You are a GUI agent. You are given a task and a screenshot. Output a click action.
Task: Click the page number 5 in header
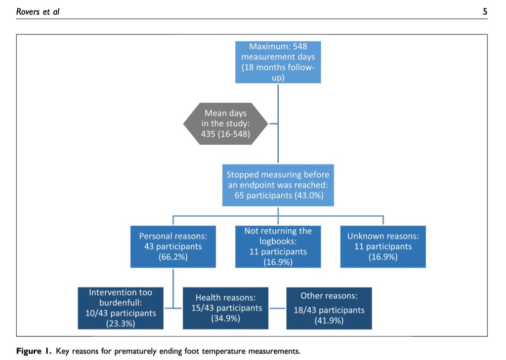(x=485, y=11)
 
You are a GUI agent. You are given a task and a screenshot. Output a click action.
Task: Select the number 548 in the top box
(x=299, y=46)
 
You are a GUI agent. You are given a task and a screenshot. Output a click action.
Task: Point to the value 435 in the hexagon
(x=209, y=133)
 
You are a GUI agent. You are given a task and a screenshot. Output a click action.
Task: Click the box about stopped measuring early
(x=278, y=185)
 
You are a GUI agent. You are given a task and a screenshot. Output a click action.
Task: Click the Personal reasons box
(x=173, y=246)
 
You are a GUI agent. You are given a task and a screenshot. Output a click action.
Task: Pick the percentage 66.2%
(x=173, y=257)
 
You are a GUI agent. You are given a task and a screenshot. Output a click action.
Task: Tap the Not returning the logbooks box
(x=278, y=246)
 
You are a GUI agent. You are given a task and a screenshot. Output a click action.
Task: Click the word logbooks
(x=278, y=241)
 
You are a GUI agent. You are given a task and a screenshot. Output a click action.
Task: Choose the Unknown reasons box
(x=382, y=246)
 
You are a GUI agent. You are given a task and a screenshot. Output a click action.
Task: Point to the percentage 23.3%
(x=121, y=323)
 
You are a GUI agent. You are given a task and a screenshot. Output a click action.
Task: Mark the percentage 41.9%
(x=329, y=320)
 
